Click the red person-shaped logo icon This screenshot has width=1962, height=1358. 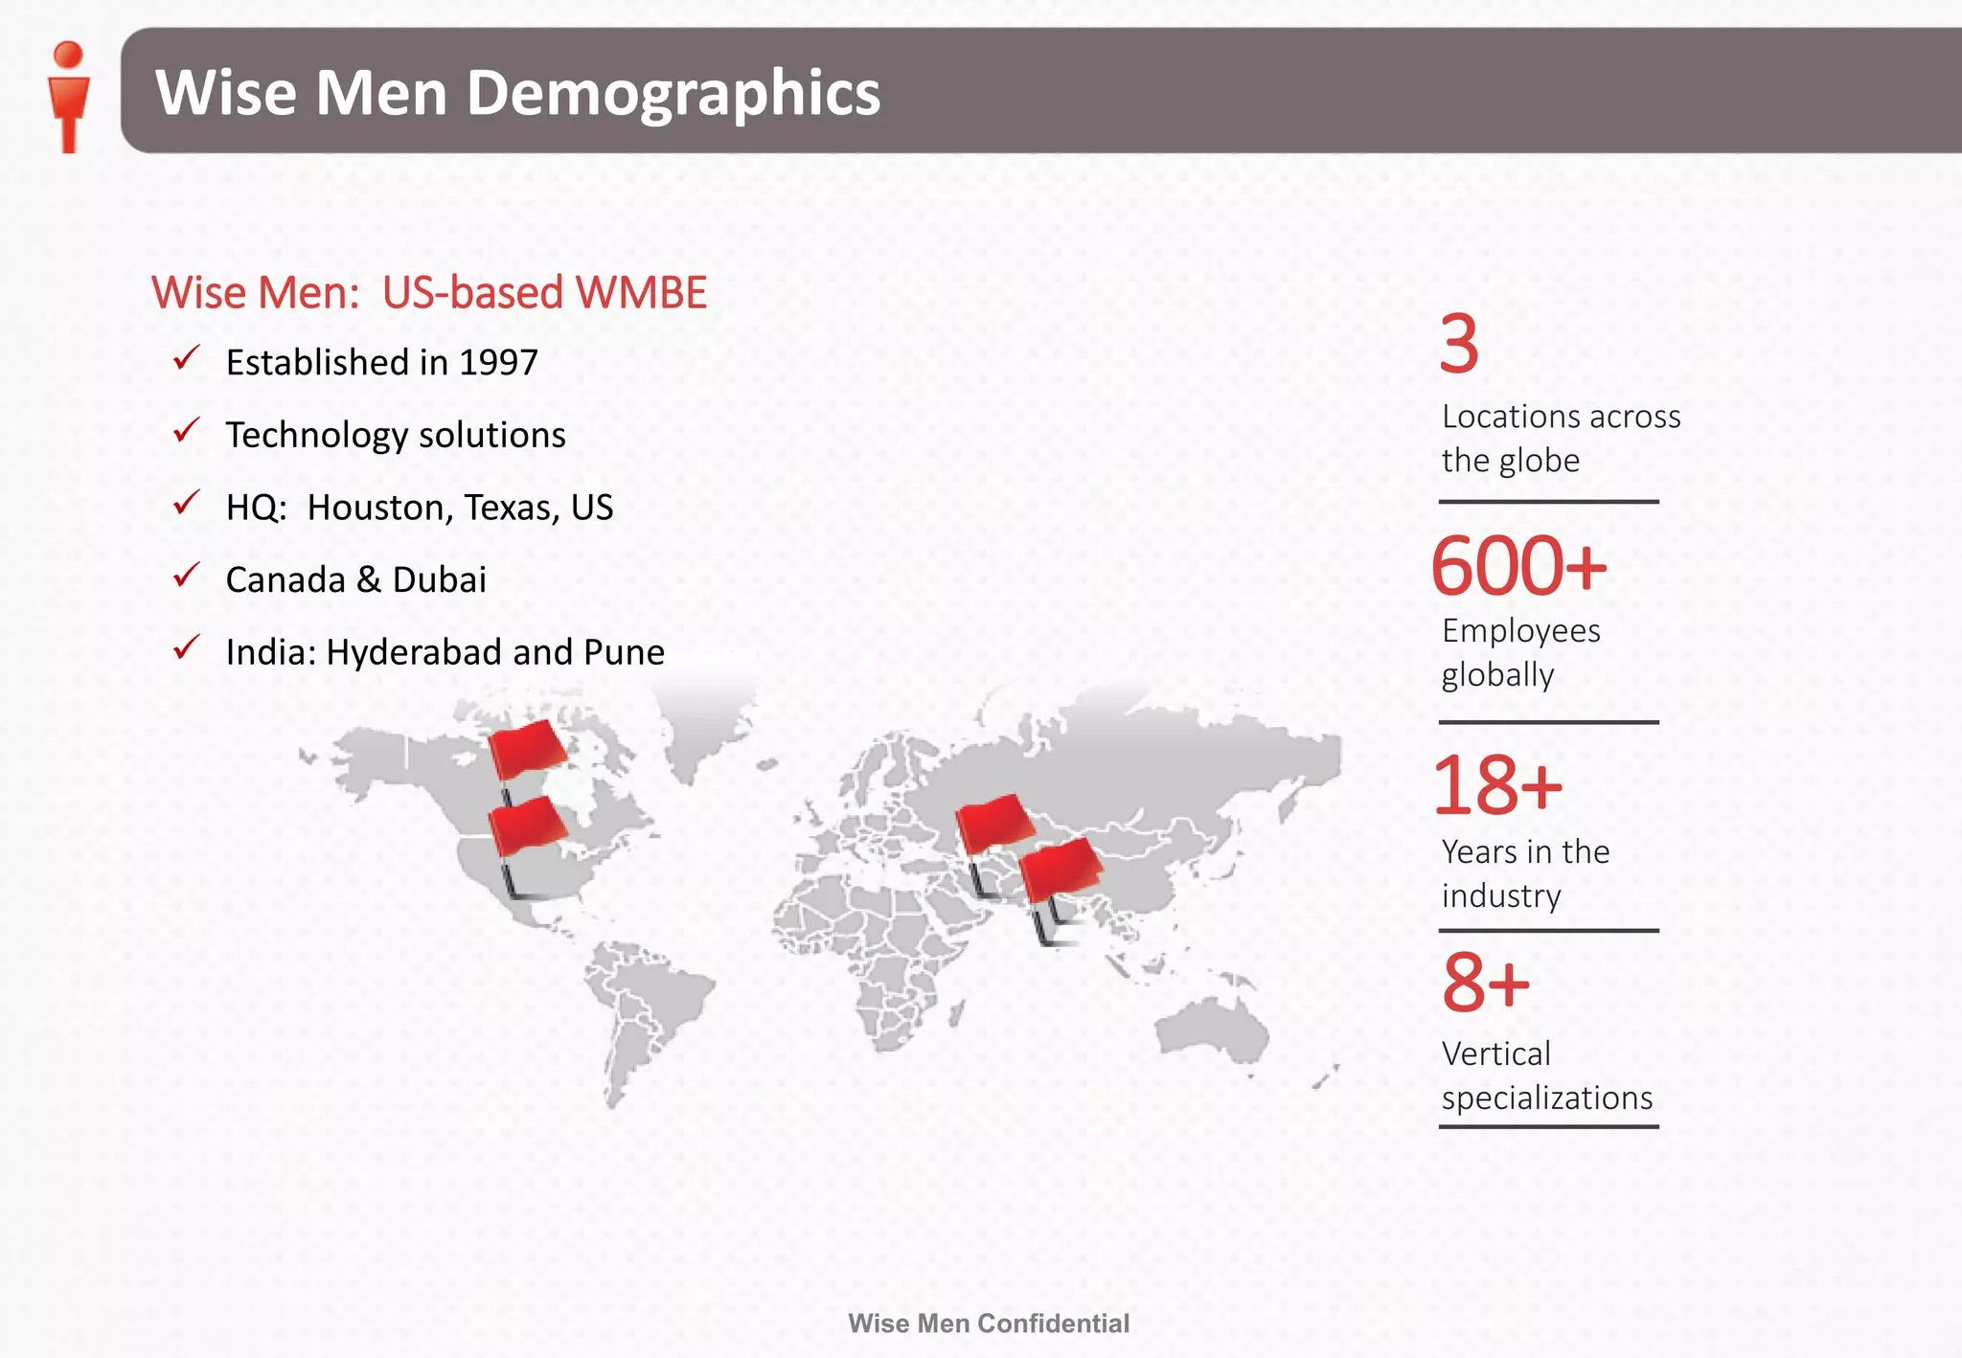(x=68, y=95)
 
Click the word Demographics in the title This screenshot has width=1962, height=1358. (x=673, y=93)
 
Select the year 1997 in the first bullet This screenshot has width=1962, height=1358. (x=498, y=363)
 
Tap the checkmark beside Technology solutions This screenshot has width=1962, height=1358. (x=186, y=431)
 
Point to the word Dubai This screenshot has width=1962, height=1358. (x=439, y=580)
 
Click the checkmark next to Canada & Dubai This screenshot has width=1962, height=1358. (x=186, y=576)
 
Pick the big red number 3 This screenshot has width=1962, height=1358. (x=1459, y=345)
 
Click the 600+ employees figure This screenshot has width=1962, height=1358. (x=1518, y=566)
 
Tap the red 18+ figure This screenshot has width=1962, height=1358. (x=1496, y=785)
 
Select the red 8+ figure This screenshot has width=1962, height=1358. (x=1486, y=983)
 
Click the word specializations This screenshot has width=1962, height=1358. (x=1547, y=1098)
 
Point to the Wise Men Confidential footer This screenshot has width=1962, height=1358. (x=989, y=1324)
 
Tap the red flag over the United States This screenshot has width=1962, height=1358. (x=526, y=825)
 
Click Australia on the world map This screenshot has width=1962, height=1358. (x=1211, y=1030)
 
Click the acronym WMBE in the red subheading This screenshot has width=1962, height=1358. (x=641, y=293)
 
